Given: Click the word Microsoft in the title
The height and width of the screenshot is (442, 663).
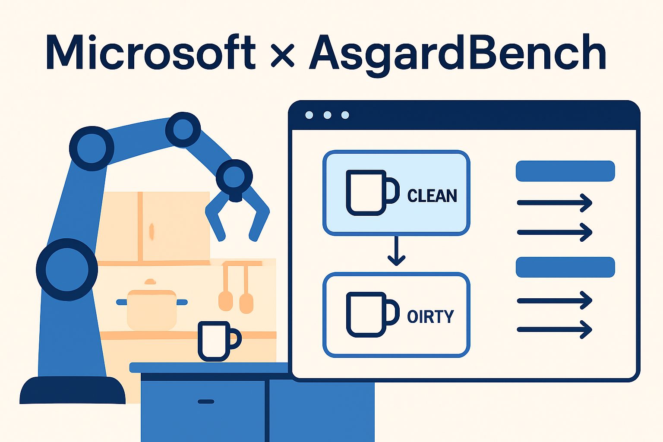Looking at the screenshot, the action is tap(150, 52).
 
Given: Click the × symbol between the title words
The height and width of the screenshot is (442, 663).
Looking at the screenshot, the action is tap(282, 55).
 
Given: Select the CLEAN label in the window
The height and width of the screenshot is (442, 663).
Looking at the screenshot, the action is tap(432, 196).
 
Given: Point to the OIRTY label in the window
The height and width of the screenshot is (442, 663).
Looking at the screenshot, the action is tap(430, 316).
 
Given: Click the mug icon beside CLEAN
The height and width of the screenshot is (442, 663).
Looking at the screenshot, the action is tap(373, 193).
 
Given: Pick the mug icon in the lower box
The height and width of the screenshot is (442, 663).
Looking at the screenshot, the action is tap(373, 314).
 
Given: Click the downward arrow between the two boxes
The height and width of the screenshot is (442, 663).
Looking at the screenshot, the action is tap(396, 250).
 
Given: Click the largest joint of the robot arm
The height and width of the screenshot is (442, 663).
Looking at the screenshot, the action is tap(67, 269).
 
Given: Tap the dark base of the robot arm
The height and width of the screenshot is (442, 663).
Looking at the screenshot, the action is tap(72, 390).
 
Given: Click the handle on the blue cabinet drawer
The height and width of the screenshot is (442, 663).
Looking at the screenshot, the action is tap(206, 402).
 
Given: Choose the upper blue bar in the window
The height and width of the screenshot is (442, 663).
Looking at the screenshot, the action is tap(565, 171).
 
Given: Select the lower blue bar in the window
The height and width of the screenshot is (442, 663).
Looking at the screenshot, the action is tap(565, 267).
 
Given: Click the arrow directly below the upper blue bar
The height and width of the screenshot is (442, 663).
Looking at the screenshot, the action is tap(554, 203).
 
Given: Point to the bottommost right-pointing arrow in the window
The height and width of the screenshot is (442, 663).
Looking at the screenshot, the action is tap(554, 329).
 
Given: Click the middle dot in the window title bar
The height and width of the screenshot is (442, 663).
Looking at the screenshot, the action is tap(327, 115).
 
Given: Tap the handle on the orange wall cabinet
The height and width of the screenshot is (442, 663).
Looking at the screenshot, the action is tap(152, 231).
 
